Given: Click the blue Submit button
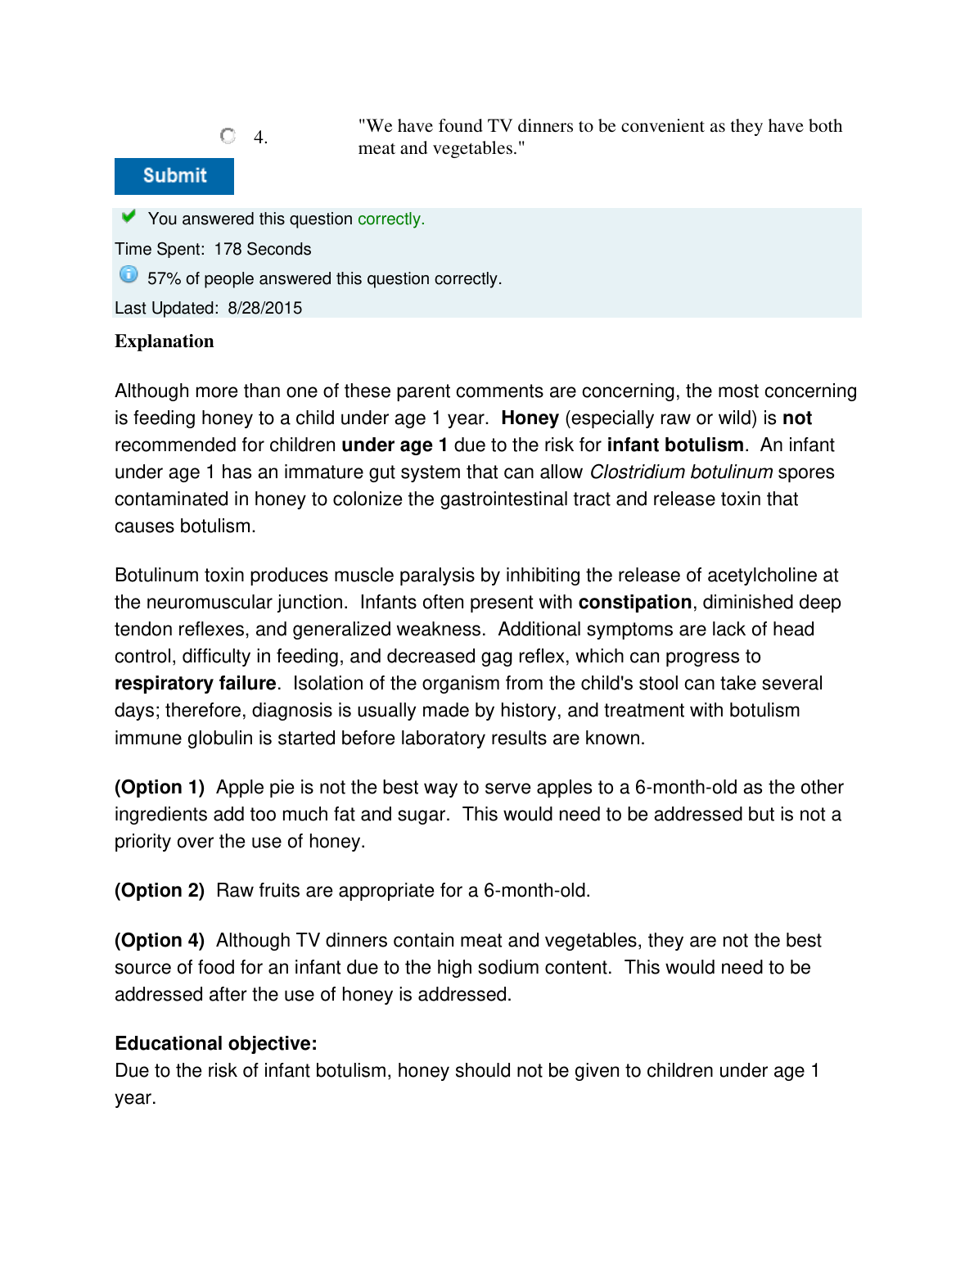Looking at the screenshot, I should tap(174, 176).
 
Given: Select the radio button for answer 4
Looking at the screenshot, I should tap(228, 136).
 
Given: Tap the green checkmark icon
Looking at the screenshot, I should tap(129, 216).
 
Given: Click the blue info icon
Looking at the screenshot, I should tap(129, 275).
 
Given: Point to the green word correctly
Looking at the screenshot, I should tap(390, 219).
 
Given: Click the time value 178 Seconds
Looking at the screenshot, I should tap(263, 249).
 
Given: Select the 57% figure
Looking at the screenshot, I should tap(164, 278).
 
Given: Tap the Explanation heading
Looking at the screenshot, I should tap(165, 341).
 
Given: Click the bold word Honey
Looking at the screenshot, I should tap(530, 418).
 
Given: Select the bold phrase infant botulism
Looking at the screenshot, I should tap(675, 445).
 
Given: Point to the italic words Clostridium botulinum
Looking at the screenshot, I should tap(681, 472).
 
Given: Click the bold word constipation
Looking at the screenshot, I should tap(635, 603).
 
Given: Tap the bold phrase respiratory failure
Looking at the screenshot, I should tap(195, 684).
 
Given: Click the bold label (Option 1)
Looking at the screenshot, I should tap(160, 788).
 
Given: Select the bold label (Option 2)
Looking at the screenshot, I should tap(160, 891).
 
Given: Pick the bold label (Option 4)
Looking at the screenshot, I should tap(160, 941).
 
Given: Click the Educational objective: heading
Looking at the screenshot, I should tap(216, 1044).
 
